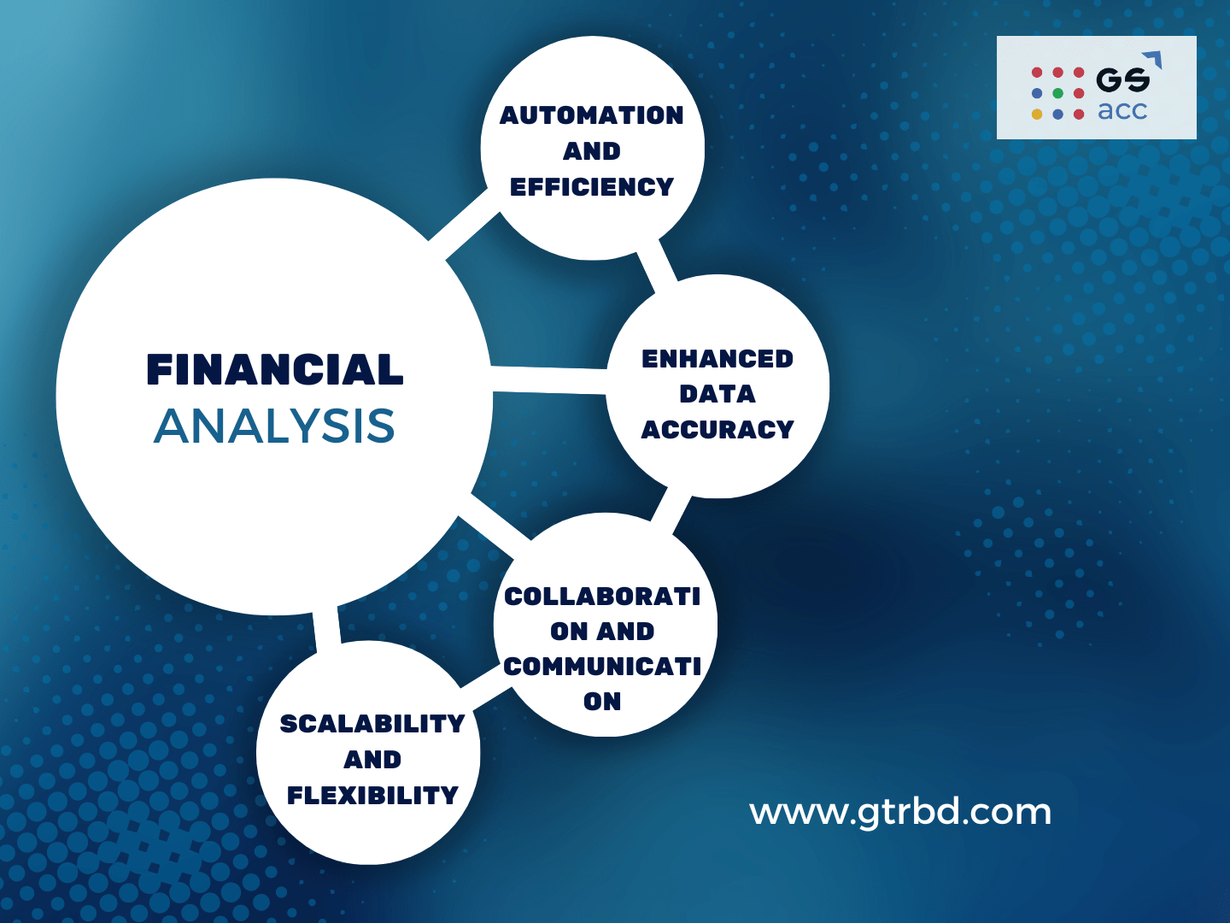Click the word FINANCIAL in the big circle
(x=274, y=370)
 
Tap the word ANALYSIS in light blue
(x=274, y=426)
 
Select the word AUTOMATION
(x=591, y=115)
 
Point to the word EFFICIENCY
(x=591, y=187)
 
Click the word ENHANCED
(x=717, y=359)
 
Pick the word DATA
(x=717, y=394)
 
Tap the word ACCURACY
(x=717, y=430)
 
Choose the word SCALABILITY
(x=372, y=724)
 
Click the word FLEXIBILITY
(x=372, y=796)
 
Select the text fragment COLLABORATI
(x=602, y=596)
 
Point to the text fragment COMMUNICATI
(x=602, y=666)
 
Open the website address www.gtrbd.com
(x=900, y=812)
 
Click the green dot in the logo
(x=1057, y=93)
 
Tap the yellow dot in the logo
(x=1037, y=114)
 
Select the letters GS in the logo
(x=1122, y=80)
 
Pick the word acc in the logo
(x=1122, y=111)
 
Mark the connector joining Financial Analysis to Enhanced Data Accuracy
(x=549, y=380)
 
